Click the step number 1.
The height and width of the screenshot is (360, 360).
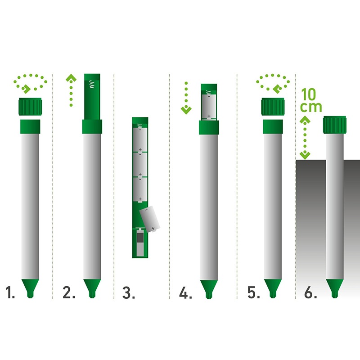10,292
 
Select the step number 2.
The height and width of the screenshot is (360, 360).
69,292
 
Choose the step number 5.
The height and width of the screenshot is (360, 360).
253,292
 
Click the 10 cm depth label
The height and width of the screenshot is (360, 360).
311,100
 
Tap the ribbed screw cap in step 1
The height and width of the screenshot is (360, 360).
30,107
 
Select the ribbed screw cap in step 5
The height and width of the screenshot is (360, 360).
273,107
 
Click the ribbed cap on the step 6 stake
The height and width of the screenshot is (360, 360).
334,125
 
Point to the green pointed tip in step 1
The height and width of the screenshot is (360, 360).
30,288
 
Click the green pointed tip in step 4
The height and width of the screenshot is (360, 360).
209,289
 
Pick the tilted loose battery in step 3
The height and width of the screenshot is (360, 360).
150,219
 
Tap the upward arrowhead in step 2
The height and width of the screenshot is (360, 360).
71,78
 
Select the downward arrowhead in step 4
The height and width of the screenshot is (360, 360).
186,110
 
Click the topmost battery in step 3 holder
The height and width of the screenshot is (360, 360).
140,139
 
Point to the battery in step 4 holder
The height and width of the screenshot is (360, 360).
209,107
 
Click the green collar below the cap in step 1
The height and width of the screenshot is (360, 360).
30,126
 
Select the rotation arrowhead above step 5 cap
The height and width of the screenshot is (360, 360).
277,89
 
